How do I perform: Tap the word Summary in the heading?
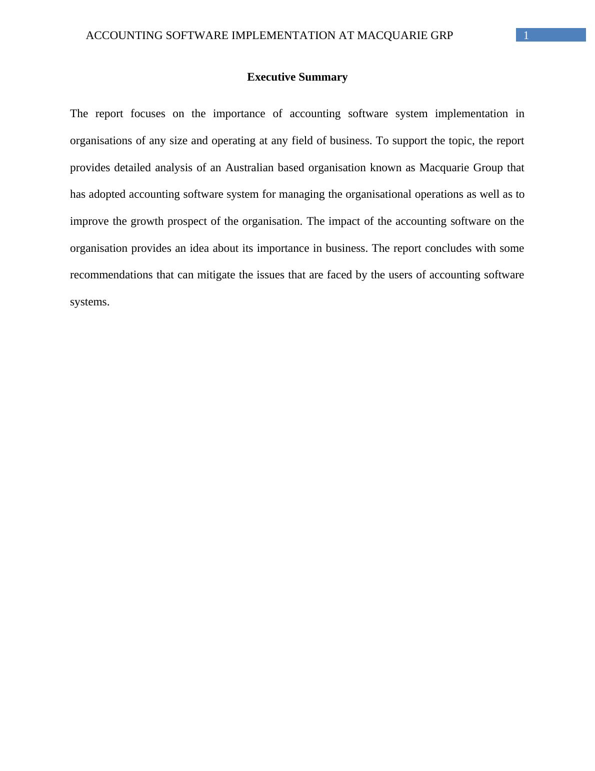pos(324,77)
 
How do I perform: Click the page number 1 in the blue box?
pos(526,36)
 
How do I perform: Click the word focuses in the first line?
pos(147,114)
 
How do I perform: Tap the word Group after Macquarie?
pos(488,168)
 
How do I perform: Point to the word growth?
pos(147,221)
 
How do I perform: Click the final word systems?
pos(89,302)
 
